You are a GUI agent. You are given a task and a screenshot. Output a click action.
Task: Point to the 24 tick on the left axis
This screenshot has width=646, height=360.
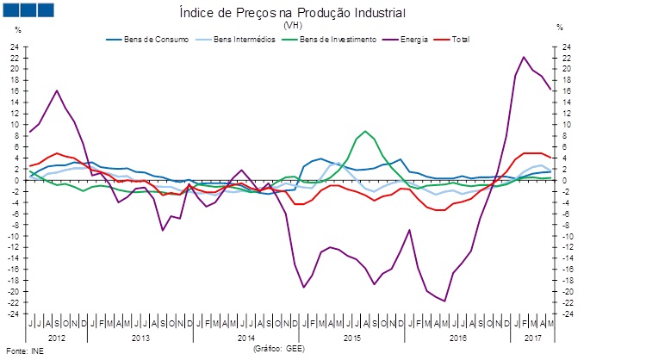pyautogui.click(x=15, y=47)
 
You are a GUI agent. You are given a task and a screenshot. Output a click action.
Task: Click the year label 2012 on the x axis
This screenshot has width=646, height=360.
pyautogui.click(x=56, y=338)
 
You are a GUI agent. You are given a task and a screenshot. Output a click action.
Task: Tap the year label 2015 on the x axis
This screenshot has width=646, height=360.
pyautogui.click(x=351, y=338)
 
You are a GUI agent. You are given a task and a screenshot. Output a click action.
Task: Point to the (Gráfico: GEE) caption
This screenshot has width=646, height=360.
pyautogui.click(x=278, y=350)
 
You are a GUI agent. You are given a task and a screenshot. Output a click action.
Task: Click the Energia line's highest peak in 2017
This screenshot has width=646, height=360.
pyautogui.click(x=524, y=57)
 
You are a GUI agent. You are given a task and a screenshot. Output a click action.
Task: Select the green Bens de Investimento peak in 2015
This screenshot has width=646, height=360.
pyautogui.click(x=365, y=131)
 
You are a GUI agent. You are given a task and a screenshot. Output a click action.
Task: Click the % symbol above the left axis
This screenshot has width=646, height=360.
pyautogui.click(x=17, y=29)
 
